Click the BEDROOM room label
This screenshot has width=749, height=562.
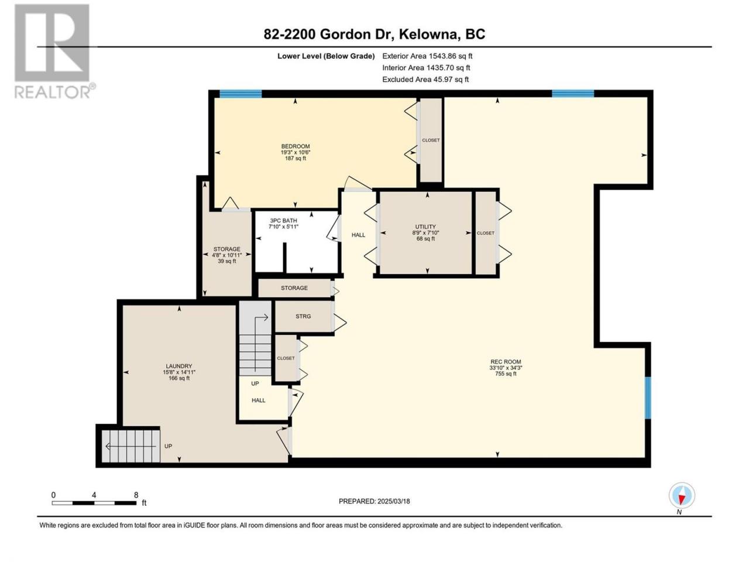[295, 146]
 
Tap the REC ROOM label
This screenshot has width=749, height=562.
[506, 362]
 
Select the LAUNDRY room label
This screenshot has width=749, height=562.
[179, 366]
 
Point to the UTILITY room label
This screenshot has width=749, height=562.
[425, 227]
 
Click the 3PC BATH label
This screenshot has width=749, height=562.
[283, 221]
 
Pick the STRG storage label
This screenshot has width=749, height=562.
[303, 316]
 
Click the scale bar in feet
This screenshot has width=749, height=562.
[94, 503]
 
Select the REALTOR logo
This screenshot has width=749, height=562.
[54, 51]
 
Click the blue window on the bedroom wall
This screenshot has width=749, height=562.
[240, 94]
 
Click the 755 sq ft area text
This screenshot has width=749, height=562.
[506, 373]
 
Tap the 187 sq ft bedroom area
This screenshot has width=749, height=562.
[295, 158]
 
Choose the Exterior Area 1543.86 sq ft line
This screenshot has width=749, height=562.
[427, 56]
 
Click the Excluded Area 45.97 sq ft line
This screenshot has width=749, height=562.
[425, 80]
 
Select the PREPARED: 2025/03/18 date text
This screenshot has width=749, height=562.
[374, 501]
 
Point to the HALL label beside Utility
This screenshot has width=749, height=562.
[358, 235]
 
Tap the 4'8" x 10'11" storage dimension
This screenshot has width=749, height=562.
[227, 255]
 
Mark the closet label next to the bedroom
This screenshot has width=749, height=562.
[431, 140]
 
